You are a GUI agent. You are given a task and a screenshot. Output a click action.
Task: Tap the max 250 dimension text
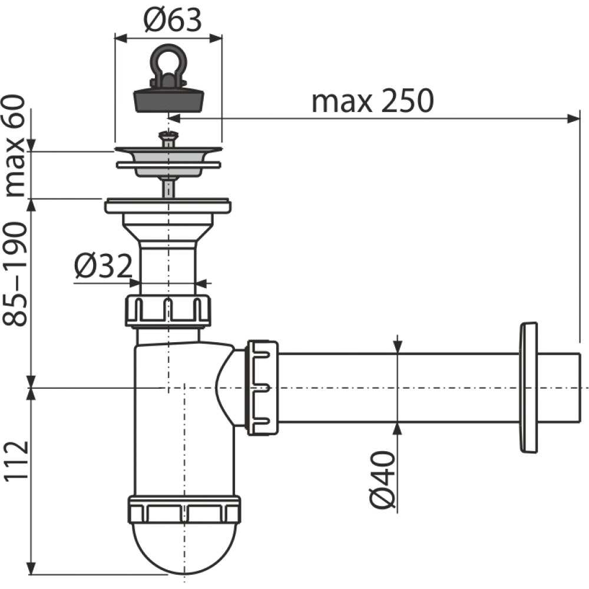click(x=372, y=101)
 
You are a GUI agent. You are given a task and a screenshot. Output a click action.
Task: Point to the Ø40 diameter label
click(x=382, y=480)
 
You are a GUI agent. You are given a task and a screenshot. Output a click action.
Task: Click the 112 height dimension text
click(x=16, y=460)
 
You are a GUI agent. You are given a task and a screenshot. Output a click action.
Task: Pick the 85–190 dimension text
click(x=15, y=274)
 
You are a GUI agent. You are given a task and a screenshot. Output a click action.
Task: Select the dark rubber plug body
click(x=168, y=100)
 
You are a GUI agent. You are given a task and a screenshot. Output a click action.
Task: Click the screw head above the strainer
click(x=168, y=134)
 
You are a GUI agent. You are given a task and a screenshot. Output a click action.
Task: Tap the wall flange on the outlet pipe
click(x=528, y=388)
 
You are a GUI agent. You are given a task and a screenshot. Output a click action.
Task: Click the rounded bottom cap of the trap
click(x=184, y=548)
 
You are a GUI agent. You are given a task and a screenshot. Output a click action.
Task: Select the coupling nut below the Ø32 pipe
click(x=168, y=311)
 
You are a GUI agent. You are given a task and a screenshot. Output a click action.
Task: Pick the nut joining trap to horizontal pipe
click(x=262, y=388)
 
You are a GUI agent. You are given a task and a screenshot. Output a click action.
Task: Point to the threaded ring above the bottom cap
click(x=184, y=509)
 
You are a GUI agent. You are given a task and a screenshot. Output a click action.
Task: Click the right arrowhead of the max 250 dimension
click(x=574, y=119)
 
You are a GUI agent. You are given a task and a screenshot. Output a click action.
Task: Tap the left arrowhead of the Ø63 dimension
click(x=121, y=38)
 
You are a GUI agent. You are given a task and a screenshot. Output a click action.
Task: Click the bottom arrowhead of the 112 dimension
click(x=32, y=568)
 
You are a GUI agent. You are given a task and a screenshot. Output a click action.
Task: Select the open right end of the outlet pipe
click(x=578, y=388)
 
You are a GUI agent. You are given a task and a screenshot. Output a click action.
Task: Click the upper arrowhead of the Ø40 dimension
click(x=398, y=347)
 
